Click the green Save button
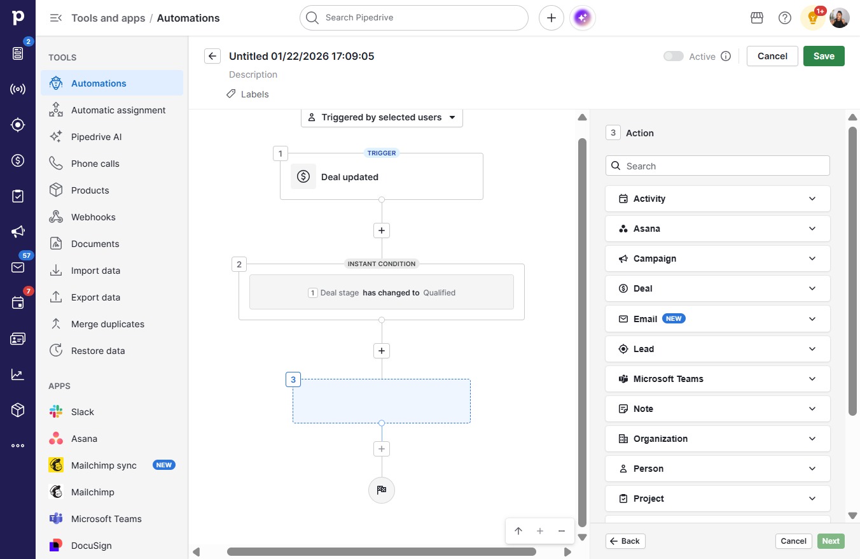pos(824,56)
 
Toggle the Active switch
pos(674,56)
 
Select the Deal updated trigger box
pos(382,176)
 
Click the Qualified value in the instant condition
pos(439,293)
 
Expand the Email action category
pos(718,319)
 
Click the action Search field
pos(718,166)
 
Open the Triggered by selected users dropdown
pos(382,118)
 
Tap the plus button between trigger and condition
pos(382,230)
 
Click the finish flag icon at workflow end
pos(381,490)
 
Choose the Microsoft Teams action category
pos(718,379)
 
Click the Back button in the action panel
pos(625,541)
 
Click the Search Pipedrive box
pos(414,18)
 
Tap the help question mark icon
pos(784,18)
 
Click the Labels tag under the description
pos(247,94)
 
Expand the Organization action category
pos(718,439)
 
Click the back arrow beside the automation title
pos(212,56)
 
